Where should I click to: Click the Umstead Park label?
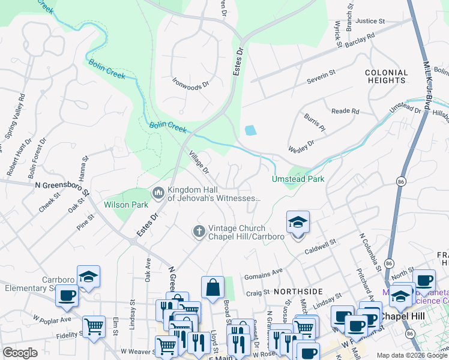pos(298,179)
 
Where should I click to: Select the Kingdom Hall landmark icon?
pos(158,193)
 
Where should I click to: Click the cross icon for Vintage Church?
pos(199,231)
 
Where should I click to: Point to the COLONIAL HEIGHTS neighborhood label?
pos(386,76)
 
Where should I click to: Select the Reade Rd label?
pos(345,111)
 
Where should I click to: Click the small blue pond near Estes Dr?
pos(250,130)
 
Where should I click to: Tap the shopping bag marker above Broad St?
pos(212,287)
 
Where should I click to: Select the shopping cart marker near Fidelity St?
pos(94,327)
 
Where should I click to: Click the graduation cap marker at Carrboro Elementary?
pos(88,277)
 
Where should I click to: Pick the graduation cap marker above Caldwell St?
pos(298,222)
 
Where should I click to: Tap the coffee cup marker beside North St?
pos(424,280)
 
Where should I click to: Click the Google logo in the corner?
pos(20,353)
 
